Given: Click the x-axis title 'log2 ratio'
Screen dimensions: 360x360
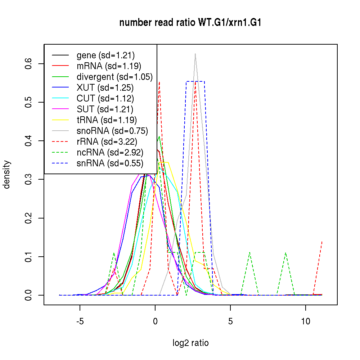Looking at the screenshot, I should tap(190, 343).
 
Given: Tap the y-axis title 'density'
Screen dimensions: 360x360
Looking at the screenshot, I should tap(6, 175).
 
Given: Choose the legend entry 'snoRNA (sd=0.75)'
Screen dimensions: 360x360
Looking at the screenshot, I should tap(112, 131).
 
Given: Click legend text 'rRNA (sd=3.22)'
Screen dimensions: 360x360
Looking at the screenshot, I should tap(107, 142).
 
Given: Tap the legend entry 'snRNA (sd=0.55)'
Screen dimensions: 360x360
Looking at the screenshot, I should tap(110, 163).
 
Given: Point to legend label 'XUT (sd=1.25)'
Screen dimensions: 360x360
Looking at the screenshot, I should tap(105, 88).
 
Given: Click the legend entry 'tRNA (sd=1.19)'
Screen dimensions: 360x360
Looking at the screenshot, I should tap(107, 120).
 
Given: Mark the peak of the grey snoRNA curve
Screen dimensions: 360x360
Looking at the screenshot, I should tap(195, 54).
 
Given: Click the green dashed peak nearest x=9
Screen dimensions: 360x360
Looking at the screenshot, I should tap(285, 253).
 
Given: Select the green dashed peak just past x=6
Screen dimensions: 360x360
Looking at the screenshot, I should tap(249, 253).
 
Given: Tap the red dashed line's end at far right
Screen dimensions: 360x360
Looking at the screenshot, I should tap(322, 241).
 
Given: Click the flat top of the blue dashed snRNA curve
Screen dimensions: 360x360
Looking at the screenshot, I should tap(195, 81).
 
